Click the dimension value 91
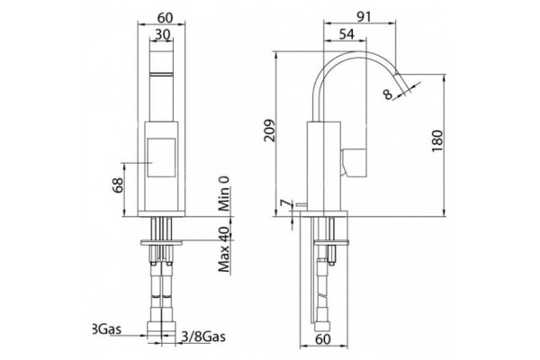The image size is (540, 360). [x=363, y=16]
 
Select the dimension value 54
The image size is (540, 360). [x=346, y=34]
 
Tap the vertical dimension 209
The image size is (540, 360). [x=269, y=130]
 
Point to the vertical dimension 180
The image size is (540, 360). [x=437, y=141]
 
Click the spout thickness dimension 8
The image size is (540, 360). [x=388, y=94]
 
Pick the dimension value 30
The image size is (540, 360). [x=163, y=34]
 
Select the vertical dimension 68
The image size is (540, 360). [x=118, y=185]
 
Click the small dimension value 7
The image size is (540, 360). [x=284, y=203]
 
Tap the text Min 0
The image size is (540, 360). [x=224, y=193]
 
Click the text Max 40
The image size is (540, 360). [x=224, y=248]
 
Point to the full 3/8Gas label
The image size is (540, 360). [x=203, y=336]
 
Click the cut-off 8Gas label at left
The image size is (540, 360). [x=107, y=328]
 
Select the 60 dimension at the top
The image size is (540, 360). [x=166, y=17]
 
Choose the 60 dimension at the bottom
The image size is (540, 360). [x=323, y=339]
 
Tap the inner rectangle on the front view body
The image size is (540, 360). [x=161, y=157]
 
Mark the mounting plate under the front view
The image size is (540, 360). [x=161, y=242]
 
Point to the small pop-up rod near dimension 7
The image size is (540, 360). [x=301, y=205]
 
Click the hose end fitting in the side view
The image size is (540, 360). [x=322, y=326]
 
